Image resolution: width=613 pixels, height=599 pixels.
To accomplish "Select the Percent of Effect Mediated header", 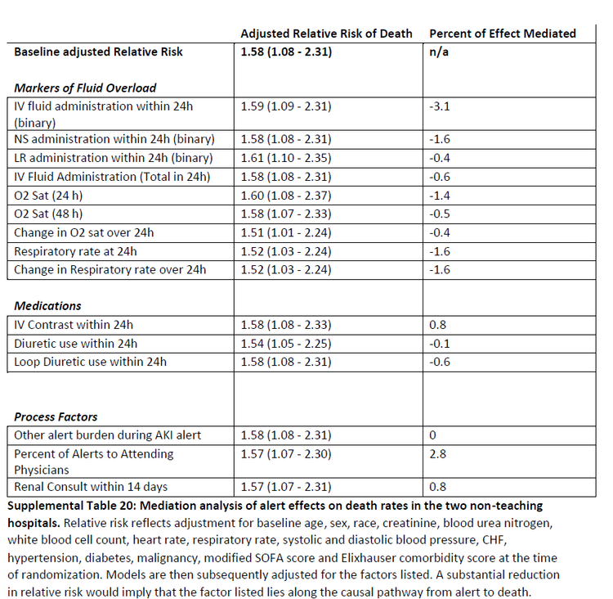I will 502,34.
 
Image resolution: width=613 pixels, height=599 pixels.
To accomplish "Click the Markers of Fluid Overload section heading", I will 85,88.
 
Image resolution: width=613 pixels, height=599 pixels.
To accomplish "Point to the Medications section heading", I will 47,305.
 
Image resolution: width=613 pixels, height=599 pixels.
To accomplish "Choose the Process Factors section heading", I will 56,416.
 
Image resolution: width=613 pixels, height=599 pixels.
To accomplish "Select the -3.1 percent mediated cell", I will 439,106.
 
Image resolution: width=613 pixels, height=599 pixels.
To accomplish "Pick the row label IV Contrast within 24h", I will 74,325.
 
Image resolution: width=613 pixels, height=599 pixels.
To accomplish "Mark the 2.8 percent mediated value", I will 438,453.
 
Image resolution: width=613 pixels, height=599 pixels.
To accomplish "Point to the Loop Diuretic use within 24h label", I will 90,362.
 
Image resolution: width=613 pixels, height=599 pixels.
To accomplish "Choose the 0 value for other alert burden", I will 432,435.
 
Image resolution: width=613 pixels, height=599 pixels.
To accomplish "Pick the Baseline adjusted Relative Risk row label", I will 98,52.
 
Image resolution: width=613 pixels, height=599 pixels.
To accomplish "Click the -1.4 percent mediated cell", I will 439,196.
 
